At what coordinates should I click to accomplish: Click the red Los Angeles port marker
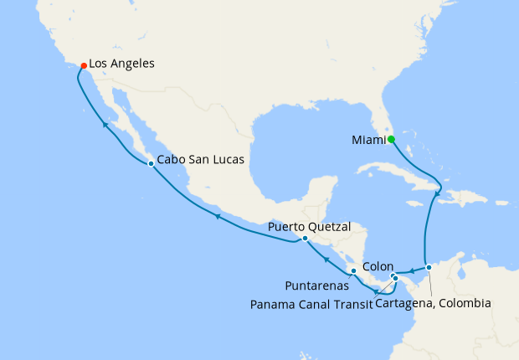(x=83, y=65)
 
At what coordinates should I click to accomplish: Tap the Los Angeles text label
(x=121, y=63)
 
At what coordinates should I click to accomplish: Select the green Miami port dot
(x=391, y=140)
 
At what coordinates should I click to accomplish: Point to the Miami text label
(x=367, y=140)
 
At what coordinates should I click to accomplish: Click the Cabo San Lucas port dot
(x=151, y=163)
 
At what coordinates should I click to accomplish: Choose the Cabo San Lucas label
(x=200, y=163)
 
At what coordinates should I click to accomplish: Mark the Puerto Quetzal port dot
(x=305, y=238)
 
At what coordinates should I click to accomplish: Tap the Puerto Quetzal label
(x=309, y=226)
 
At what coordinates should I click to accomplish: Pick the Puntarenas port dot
(x=353, y=271)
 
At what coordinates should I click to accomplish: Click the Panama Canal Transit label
(x=311, y=303)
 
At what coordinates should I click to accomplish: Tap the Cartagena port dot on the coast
(x=429, y=268)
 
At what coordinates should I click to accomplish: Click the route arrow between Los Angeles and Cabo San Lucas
(x=105, y=125)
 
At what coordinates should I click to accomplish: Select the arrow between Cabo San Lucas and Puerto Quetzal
(x=217, y=217)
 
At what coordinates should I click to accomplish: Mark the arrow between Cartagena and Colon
(x=412, y=270)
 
